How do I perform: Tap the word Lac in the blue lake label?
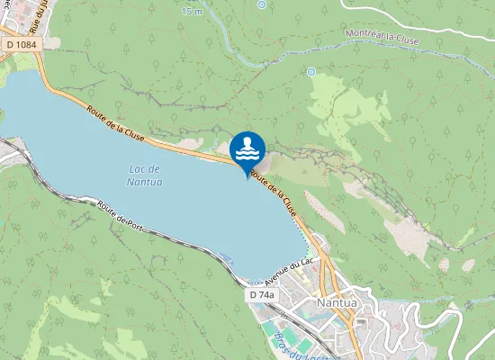click(138, 168)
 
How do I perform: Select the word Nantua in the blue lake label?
click(145, 182)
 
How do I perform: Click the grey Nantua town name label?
click(337, 303)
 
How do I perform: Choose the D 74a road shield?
click(262, 295)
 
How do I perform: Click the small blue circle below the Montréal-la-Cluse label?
click(311, 71)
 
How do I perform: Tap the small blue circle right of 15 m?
click(261, 4)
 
